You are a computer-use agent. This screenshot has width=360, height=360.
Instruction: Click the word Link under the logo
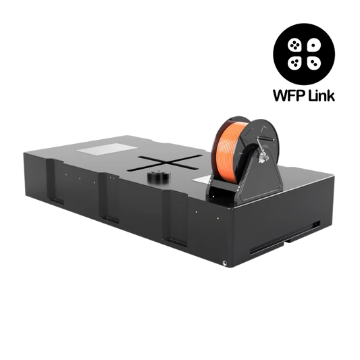coord(322,95)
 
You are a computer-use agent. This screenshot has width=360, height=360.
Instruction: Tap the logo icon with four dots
coord(294,45)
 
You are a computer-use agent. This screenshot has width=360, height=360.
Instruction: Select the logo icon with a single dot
coord(314,45)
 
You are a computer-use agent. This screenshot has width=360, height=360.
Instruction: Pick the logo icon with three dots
coord(294,63)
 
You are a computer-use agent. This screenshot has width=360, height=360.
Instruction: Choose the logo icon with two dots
coord(314,63)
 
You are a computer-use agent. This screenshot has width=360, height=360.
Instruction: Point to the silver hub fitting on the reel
coord(263,158)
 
